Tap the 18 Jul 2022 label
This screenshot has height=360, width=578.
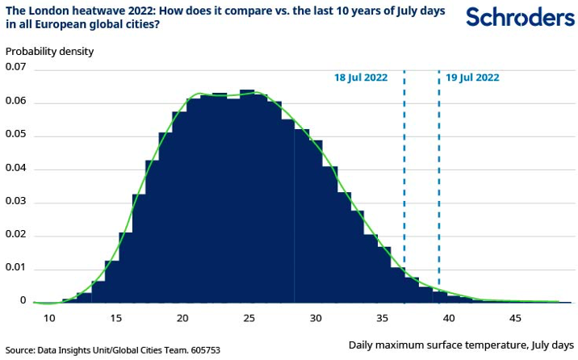point(361,78)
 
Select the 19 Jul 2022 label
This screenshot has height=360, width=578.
point(472,78)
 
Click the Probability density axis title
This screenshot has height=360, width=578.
point(50,51)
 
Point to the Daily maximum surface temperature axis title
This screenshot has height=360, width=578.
point(461,345)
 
